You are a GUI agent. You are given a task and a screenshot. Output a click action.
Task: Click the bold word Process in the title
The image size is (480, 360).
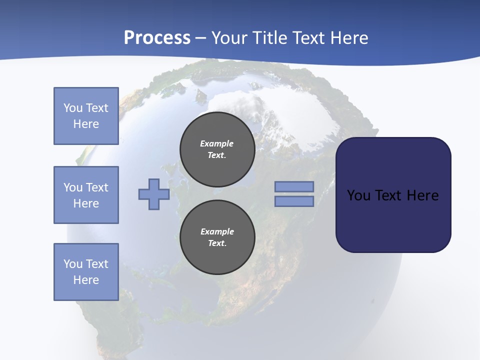(x=157, y=38)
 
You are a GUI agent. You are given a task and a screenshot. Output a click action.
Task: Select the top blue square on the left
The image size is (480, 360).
(x=86, y=116)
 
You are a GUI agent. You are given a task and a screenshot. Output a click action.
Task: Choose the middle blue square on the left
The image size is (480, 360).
(x=86, y=195)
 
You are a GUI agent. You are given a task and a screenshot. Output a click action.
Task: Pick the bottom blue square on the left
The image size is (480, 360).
(x=86, y=272)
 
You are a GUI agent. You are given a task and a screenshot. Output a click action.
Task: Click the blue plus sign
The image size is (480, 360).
(x=154, y=194)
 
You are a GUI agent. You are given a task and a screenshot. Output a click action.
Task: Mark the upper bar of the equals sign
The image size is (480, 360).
(x=294, y=186)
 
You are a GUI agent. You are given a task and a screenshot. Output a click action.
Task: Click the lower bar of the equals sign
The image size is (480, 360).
(x=294, y=201)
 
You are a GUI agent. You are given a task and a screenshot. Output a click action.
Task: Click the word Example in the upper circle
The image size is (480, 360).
(x=216, y=143)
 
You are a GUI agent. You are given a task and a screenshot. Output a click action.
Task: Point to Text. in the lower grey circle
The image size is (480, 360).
(x=217, y=243)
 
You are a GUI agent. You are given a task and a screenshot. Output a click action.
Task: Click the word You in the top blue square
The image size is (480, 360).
(x=72, y=108)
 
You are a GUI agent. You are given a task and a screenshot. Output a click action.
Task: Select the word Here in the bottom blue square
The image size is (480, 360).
(x=86, y=280)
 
